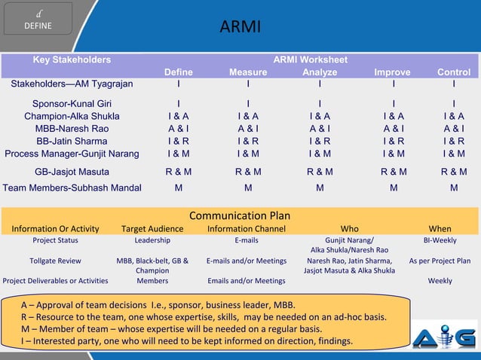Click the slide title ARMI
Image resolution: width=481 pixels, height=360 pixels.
tap(240, 28)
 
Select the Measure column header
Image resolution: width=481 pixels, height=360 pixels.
tap(248, 72)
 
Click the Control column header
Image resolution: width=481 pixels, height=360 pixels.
tap(453, 72)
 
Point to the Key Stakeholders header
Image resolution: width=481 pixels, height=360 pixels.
tap(72, 59)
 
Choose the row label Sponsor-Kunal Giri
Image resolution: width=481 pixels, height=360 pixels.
tap(72, 103)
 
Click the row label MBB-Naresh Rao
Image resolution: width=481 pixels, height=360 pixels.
tap(72, 128)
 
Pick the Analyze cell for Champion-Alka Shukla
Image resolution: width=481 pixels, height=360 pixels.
tap(320, 116)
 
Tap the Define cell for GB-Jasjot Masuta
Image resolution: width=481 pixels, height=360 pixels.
tap(179, 172)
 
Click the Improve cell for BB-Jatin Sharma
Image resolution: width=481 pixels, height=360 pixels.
tap(393, 141)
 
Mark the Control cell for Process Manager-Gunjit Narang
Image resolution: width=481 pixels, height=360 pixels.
tap(453, 154)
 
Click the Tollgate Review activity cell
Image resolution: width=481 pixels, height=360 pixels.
tap(55, 261)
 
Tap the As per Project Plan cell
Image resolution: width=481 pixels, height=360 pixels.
tap(440, 261)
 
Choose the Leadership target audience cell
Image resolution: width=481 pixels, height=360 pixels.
tap(152, 241)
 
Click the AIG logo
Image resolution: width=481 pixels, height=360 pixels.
tap(445, 336)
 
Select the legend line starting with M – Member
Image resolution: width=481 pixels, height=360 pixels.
tap(172, 329)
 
